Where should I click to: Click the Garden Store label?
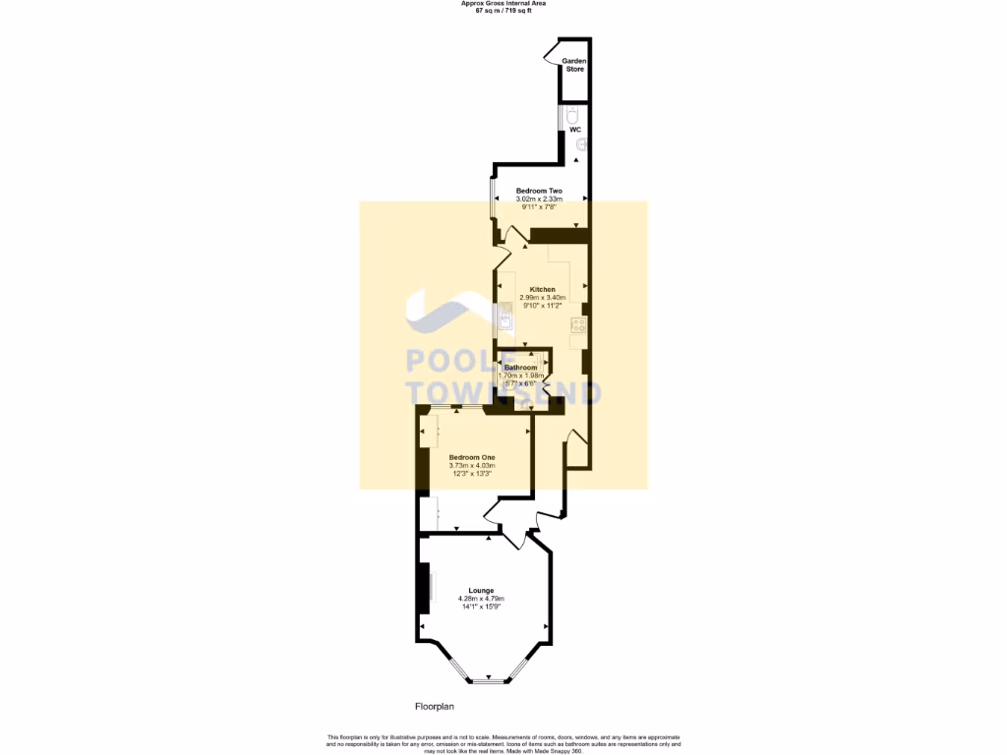[573, 65]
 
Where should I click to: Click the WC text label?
[575, 130]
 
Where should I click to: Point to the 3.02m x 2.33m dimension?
[539, 200]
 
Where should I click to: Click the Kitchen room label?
[543, 290]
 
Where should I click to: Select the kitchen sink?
[504, 318]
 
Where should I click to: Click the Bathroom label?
[521, 368]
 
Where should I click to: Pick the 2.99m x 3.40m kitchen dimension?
[543, 298]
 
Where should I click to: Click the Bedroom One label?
[472, 457]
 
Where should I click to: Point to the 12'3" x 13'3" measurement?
[472, 474]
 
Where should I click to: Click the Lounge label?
[482, 590]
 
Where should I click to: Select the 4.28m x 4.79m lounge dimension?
[482, 599]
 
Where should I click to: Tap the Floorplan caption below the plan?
[434, 706]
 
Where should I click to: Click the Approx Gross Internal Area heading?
[503, 3]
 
